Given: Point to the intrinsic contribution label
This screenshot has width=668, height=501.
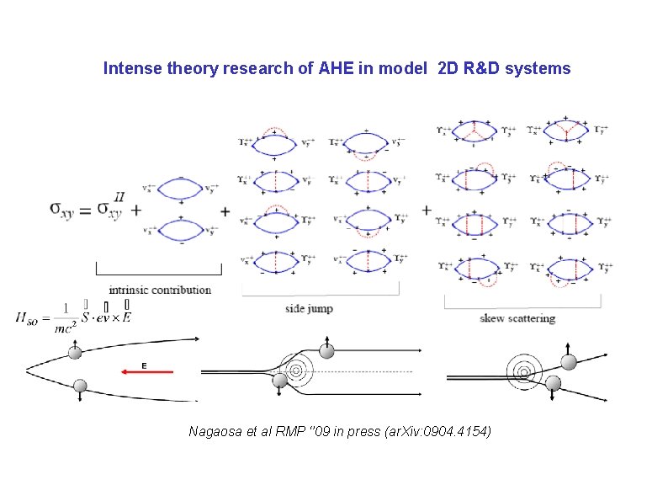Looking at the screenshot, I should tap(160, 290).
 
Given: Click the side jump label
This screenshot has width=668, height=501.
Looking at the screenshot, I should tap(309, 308).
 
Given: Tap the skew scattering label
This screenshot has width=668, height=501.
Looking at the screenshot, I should tap(517, 318).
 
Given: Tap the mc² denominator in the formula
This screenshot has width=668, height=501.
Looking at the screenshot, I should tap(65, 328).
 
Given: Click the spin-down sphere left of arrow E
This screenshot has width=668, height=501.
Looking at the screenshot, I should tap(81, 386).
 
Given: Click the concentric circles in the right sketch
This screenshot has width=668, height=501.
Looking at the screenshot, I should tap(521, 369).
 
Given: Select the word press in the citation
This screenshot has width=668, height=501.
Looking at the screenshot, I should tap(346, 432).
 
